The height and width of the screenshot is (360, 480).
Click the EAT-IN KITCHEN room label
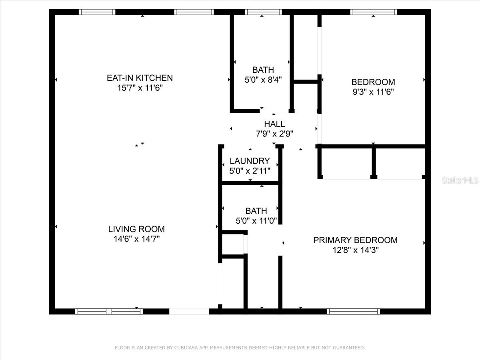point(140,78)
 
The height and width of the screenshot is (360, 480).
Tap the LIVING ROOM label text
point(136,229)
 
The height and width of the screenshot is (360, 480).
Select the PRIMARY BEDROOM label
point(355,240)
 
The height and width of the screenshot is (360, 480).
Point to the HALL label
point(274,124)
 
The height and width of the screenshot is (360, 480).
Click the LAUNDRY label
point(250,161)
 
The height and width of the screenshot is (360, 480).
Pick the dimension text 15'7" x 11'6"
point(140,88)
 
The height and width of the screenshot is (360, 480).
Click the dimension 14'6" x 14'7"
point(136,239)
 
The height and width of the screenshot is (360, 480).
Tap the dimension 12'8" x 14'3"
point(355,250)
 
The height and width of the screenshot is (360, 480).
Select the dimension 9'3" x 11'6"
point(373,92)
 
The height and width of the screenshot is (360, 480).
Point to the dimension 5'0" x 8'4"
point(263,80)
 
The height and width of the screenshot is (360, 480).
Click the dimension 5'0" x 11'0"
point(256,220)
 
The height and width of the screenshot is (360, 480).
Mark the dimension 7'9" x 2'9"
point(274,134)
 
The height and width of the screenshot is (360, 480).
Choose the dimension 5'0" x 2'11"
point(250,171)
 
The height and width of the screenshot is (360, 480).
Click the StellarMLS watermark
point(460,180)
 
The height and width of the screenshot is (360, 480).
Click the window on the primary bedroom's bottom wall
point(353,311)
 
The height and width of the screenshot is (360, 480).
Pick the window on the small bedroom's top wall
point(374,12)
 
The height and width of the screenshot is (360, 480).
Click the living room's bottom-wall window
point(109,311)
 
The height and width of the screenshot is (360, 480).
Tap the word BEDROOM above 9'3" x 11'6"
point(373,82)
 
